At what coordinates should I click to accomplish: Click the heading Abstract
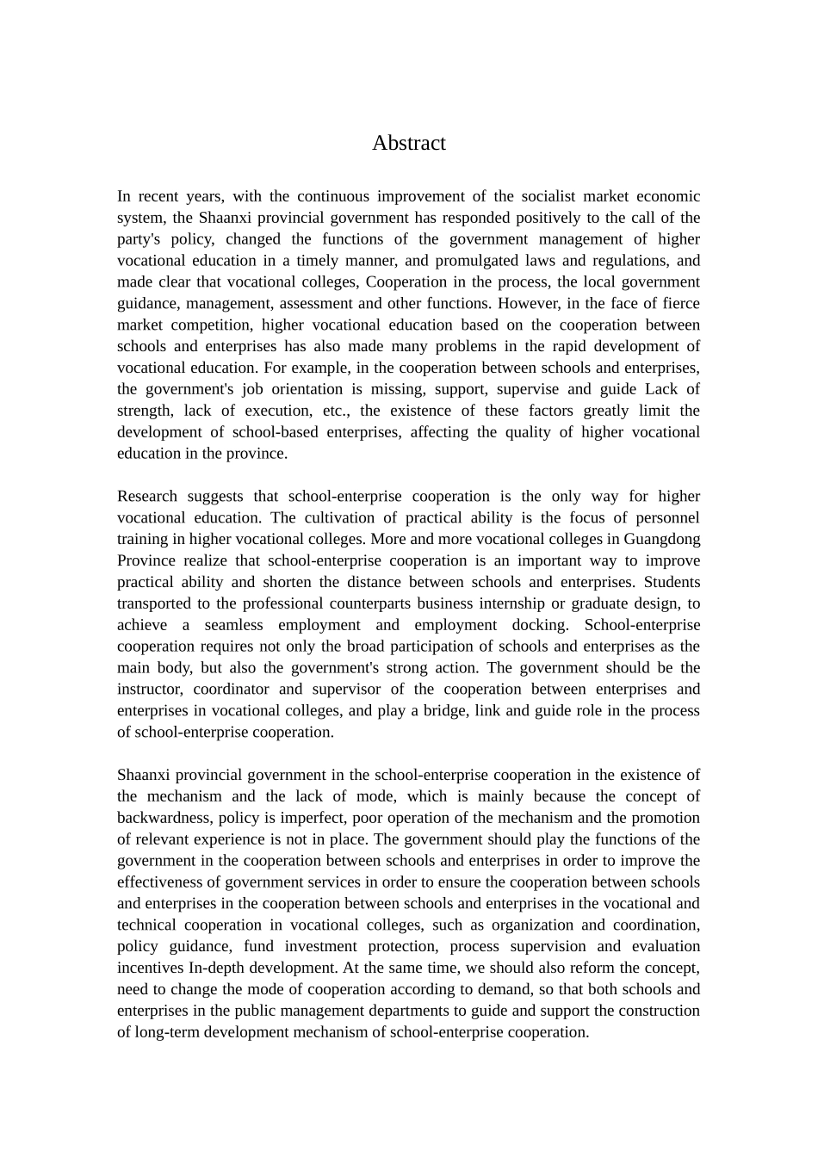[x=408, y=143]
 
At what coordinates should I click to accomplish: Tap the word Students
[x=672, y=582]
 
